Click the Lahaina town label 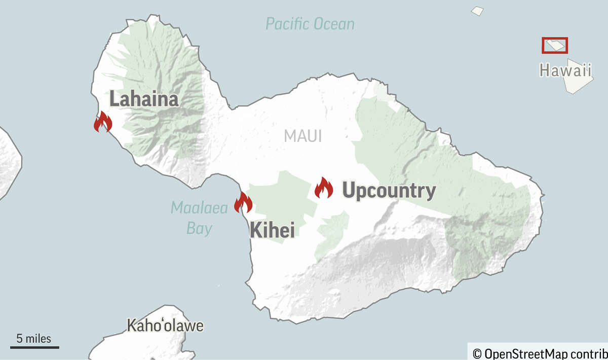click(144, 99)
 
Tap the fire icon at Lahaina click(103, 122)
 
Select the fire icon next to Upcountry click(323, 188)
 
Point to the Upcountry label click(389, 191)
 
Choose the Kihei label click(272, 231)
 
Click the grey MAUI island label click(303, 136)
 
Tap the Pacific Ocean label click(310, 24)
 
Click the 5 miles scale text click(34, 338)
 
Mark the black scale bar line click(34, 347)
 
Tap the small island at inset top click(477, 10)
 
